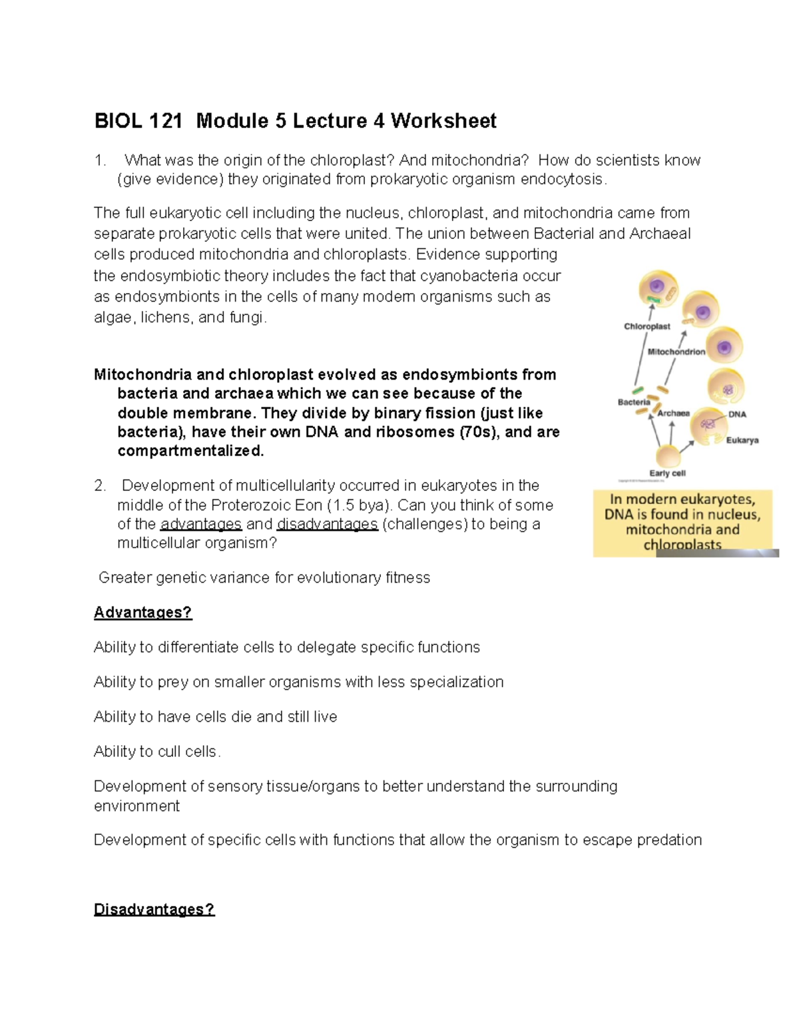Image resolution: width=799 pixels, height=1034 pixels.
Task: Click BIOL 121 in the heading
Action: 138,121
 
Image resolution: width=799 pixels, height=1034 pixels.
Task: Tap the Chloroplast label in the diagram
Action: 647,326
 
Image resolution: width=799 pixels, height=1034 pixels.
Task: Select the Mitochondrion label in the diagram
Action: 676,352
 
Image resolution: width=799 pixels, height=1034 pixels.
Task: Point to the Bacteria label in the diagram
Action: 633,402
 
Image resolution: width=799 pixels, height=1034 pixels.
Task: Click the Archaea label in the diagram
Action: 673,413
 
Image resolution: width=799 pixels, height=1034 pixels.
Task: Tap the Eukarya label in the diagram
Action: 742,440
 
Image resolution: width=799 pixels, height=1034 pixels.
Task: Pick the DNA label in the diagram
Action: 737,414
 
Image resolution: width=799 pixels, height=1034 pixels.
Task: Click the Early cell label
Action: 667,473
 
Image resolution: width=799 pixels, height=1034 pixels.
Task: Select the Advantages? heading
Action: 142,613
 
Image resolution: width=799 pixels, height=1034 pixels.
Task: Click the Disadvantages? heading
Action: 154,909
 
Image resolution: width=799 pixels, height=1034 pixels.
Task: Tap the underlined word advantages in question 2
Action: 201,524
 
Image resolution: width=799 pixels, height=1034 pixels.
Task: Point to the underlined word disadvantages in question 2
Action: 327,524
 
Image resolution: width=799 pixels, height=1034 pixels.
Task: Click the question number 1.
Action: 100,160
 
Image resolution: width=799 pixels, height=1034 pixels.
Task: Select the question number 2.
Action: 100,485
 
